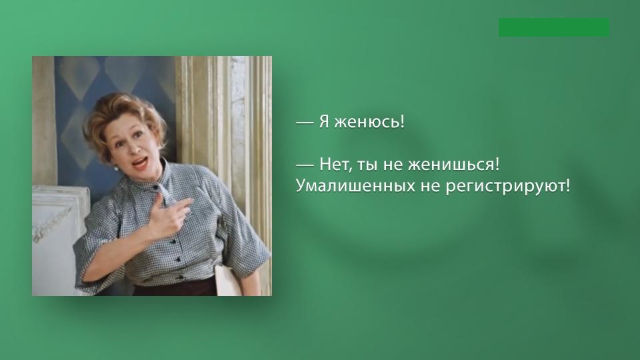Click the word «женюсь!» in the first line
pos(369,121)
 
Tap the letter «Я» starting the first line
pos(324,121)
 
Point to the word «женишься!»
pos(453,165)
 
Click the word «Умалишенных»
pos(354,186)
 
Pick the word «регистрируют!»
pos(507,187)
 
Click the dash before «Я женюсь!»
pos(305,122)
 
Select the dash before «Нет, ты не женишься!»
pos(305,165)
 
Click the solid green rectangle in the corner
pos(554,27)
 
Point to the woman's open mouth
pos(140,163)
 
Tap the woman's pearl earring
pos(116,168)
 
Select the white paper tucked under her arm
pos(227,280)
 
